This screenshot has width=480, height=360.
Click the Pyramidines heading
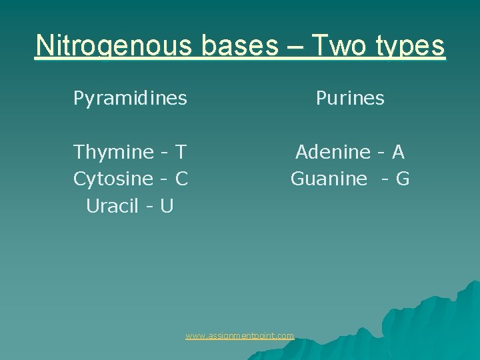[130, 99]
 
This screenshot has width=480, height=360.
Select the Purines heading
[350, 99]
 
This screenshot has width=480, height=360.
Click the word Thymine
[114, 153]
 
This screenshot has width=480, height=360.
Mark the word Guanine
[329, 179]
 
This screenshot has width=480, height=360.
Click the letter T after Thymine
[180, 153]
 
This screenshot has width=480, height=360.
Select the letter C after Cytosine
[181, 179]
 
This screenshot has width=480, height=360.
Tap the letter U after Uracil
[167, 207]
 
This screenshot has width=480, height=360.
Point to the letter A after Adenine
[398, 153]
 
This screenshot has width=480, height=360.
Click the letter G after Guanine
[402, 179]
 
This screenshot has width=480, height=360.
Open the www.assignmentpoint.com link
[239, 336]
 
